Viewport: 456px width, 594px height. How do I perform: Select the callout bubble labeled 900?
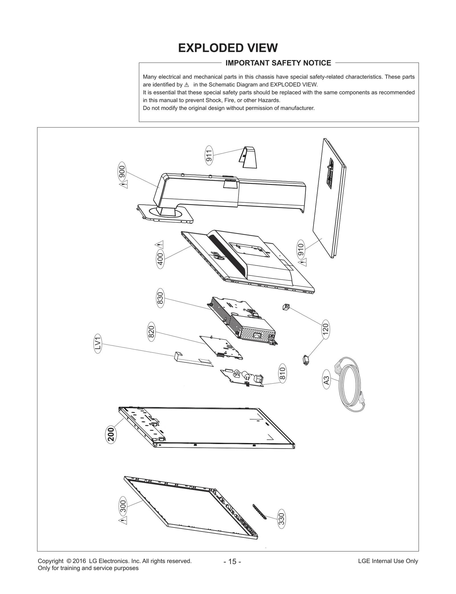coord(122,172)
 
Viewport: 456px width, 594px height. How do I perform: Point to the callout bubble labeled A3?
coord(327,381)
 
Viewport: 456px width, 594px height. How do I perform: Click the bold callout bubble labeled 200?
coord(111,434)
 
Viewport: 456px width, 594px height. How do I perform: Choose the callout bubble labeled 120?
coord(325,329)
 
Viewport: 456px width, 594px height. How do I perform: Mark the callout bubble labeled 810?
coord(282,373)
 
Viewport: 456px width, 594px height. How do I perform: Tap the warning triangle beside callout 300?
coord(123,520)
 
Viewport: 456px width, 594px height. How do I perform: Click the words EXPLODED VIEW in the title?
coord(228,48)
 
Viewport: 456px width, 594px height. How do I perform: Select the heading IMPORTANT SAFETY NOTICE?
coord(278,63)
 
